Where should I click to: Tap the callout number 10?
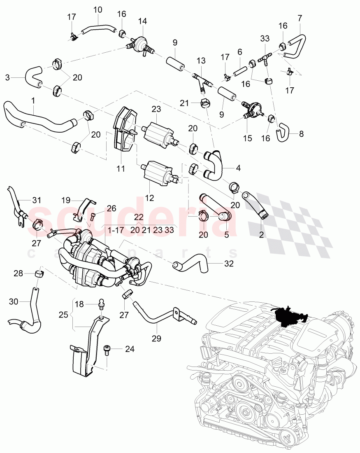tap(98, 9)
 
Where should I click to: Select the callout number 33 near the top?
tap(265, 38)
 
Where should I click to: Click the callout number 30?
tap(14, 301)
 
